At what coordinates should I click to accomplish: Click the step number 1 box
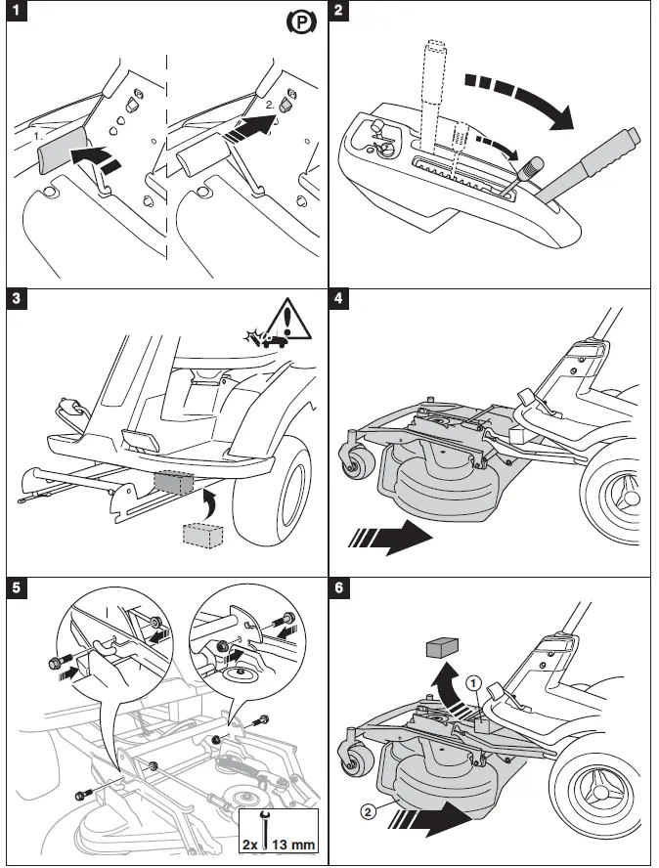pyautogui.click(x=17, y=10)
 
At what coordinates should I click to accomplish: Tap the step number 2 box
pyautogui.click(x=339, y=10)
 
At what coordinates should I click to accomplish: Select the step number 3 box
pyautogui.click(x=17, y=299)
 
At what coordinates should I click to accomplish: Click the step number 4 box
pyautogui.click(x=339, y=299)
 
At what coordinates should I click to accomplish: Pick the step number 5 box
pyautogui.click(x=17, y=587)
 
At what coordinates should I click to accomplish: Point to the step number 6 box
pyautogui.click(x=339, y=587)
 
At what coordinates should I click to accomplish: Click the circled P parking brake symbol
pyautogui.click(x=301, y=22)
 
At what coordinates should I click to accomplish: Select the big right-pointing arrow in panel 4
pyautogui.click(x=390, y=537)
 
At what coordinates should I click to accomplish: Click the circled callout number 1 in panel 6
pyautogui.click(x=473, y=683)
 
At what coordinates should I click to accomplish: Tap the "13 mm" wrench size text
pyautogui.click(x=294, y=845)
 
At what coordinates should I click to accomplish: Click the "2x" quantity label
pyautogui.click(x=250, y=846)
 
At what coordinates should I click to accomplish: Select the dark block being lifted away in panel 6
pyautogui.click(x=443, y=647)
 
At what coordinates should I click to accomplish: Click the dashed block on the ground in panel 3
pyautogui.click(x=203, y=536)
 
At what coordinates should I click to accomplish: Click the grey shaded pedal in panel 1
pyautogui.click(x=61, y=149)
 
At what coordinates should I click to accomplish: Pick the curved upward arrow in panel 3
pyautogui.click(x=211, y=504)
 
